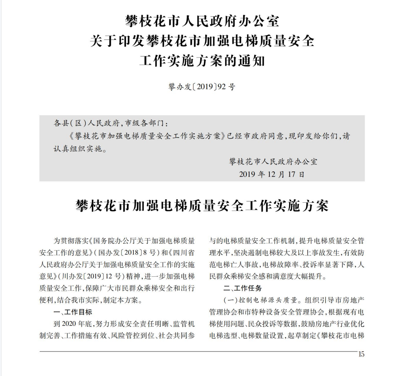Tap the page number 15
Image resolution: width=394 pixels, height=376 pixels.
point(361,354)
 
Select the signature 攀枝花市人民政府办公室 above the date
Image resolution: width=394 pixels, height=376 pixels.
point(273,161)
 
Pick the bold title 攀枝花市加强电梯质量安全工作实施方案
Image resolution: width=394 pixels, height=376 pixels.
point(202,206)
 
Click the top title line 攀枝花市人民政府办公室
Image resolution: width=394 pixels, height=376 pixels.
point(202,22)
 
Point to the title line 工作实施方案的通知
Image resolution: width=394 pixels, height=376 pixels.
point(202,61)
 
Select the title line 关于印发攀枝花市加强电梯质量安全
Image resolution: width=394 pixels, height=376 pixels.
point(202,41)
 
